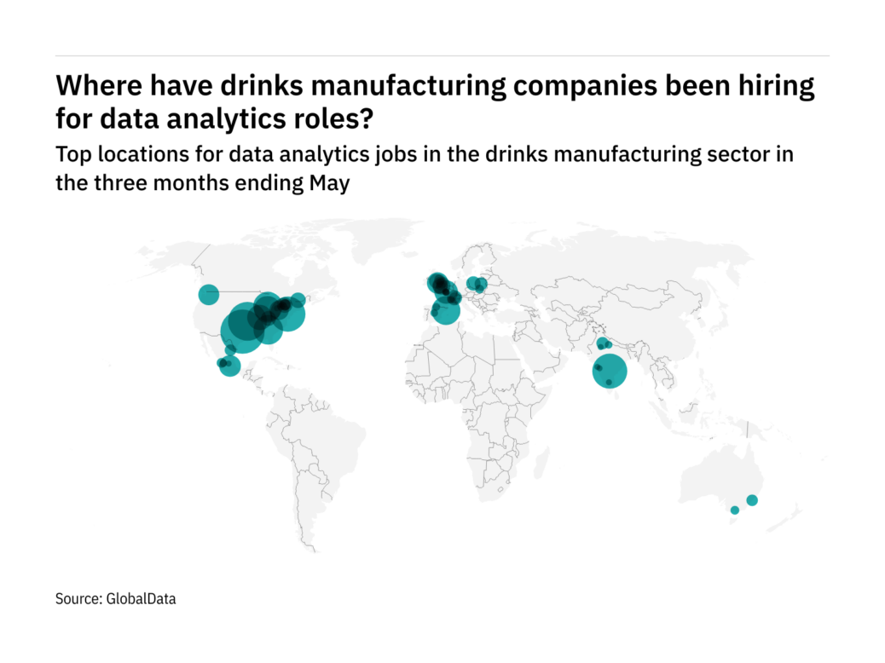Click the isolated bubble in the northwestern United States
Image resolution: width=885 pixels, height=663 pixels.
pyautogui.click(x=209, y=295)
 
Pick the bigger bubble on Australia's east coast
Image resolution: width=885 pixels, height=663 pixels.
pyautogui.click(x=752, y=500)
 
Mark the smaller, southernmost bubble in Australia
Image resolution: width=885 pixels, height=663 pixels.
pyautogui.click(x=734, y=510)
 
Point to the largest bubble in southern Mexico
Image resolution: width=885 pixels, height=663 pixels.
pyautogui.click(x=230, y=366)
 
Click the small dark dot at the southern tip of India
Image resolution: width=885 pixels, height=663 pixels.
pyautogui.click(x=609, y=383)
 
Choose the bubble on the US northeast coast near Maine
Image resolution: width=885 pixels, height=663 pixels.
pyautogui.click(x=298, y=300)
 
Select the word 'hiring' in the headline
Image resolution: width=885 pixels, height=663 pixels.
pyautogui.click(x=780, y=86)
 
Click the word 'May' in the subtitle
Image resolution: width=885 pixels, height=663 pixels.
pyautogui.click(x=332, y=183)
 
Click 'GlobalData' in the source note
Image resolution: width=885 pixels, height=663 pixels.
pyautogui.click(x=142, y=599)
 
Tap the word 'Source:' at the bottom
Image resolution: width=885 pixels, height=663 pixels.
pyautogui.click(x=78, y=599)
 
